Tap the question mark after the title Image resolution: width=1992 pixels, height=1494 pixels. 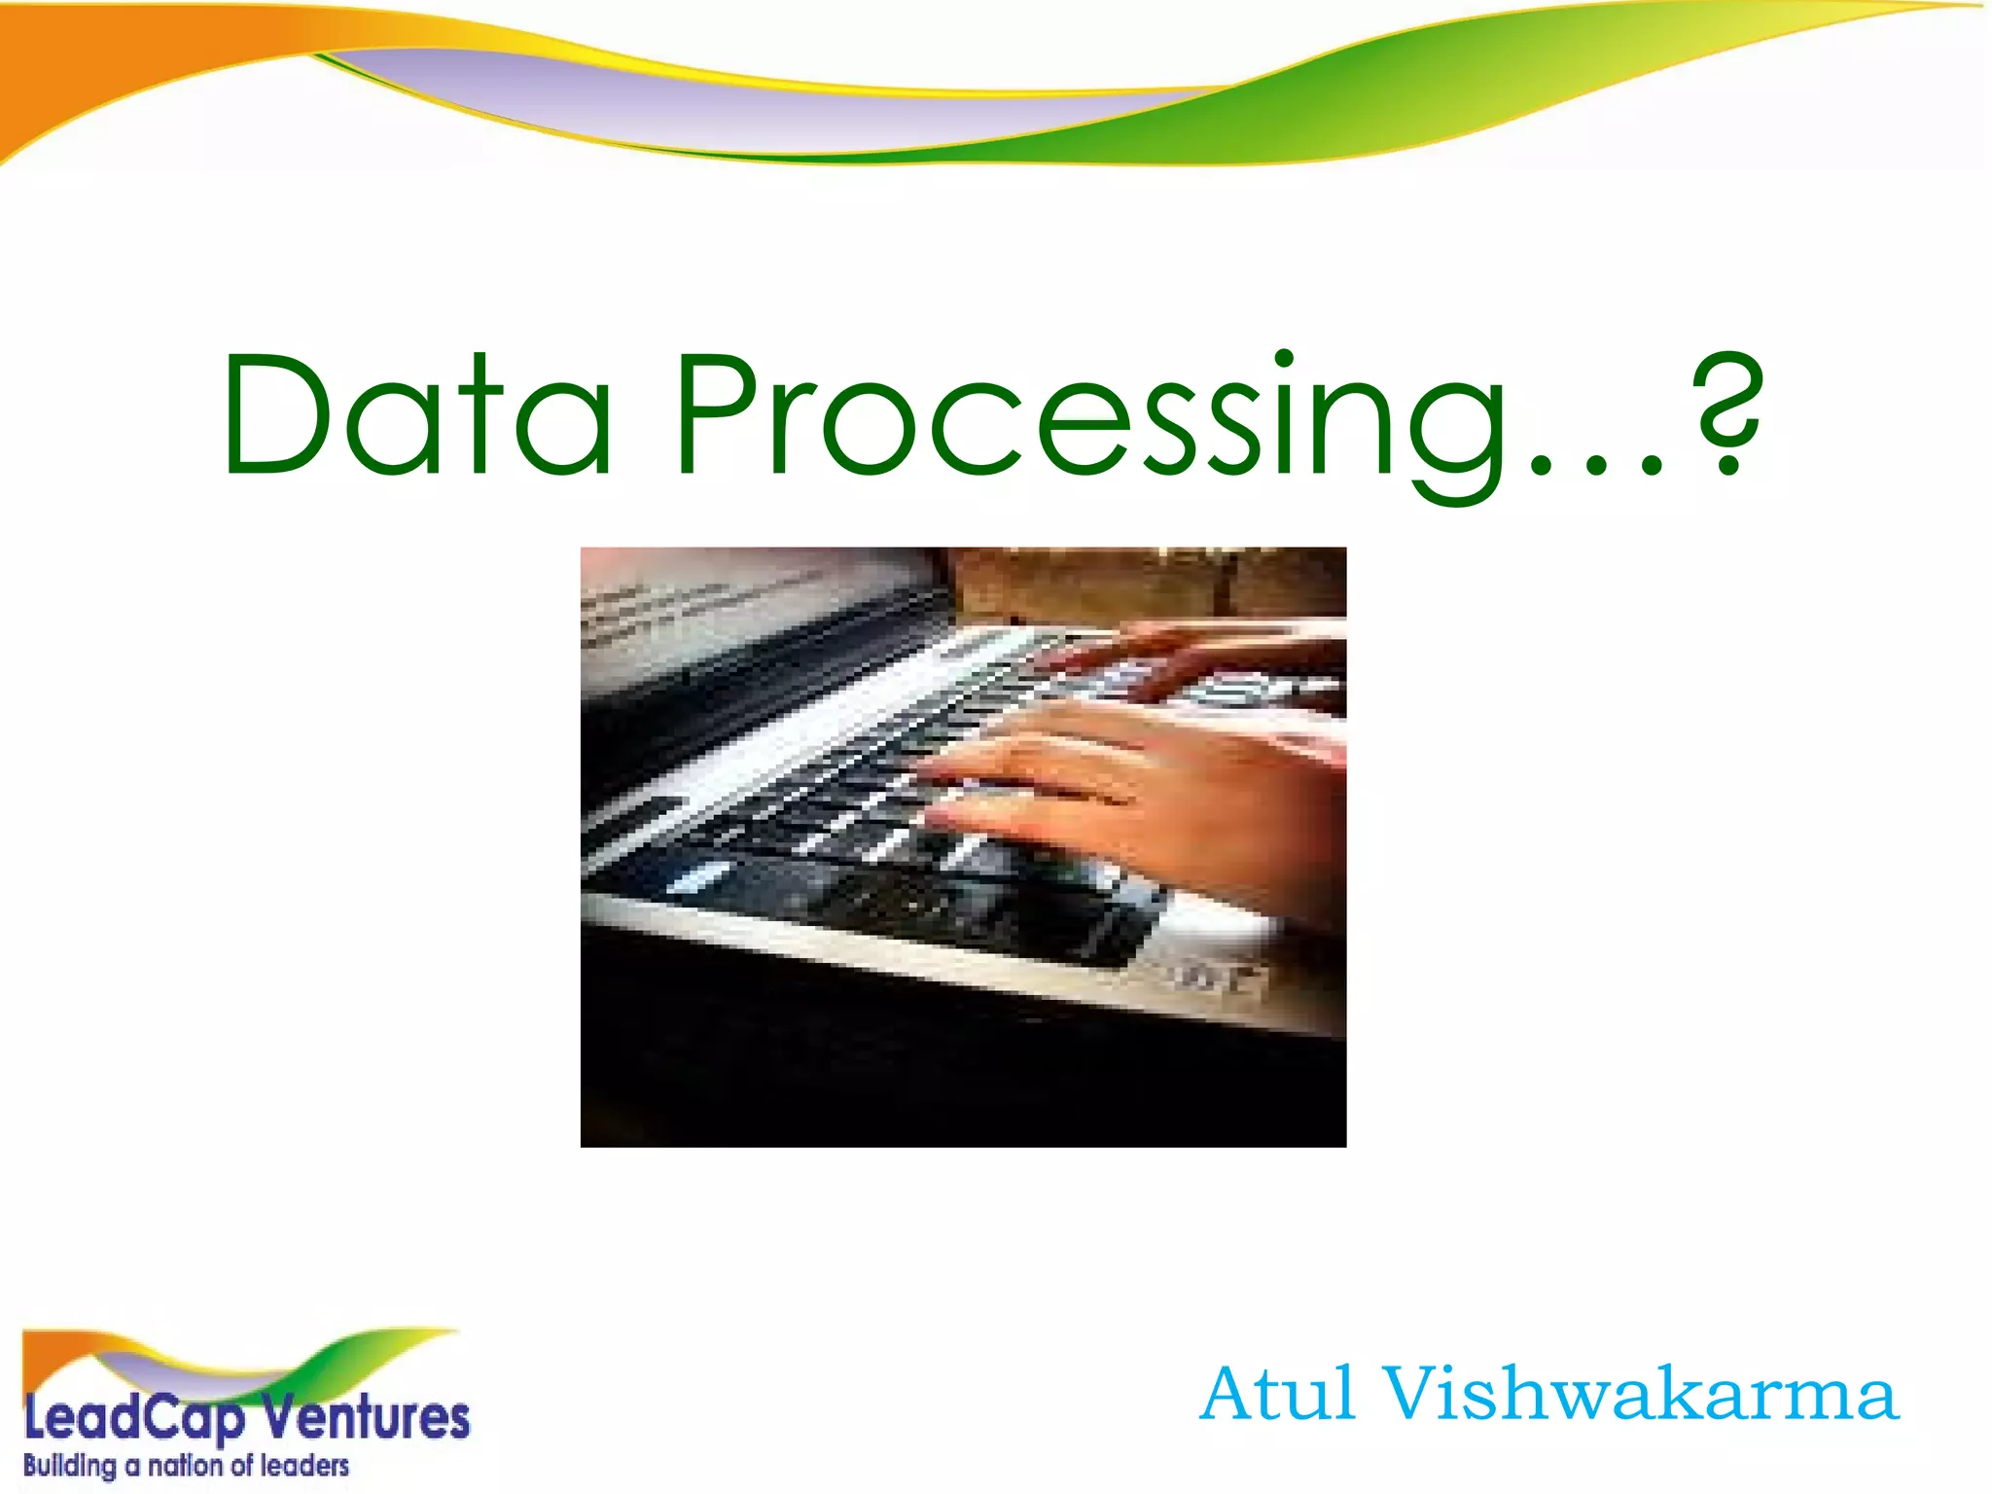(x=1726, y=413)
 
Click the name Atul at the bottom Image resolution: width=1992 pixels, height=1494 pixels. (x=1277, y=1395)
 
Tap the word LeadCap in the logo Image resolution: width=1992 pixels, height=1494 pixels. (x=134, y=1419)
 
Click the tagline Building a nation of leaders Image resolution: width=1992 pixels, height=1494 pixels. (x=186, y=1466)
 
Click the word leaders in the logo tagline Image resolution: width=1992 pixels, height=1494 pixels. (x=304, y=1466)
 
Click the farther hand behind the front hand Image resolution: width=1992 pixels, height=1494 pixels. (x=1235, y=652)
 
